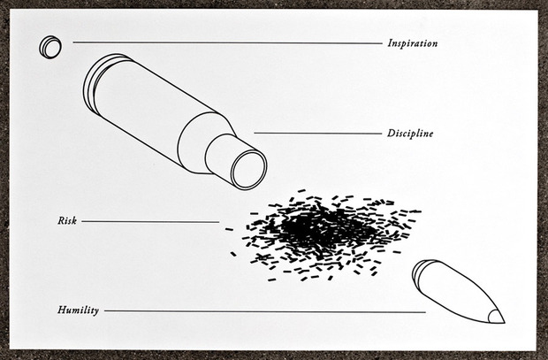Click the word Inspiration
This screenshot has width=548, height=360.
[x=413, y=43]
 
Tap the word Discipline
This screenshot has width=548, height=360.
[x=410, y=134]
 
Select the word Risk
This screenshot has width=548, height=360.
[x=67, y=221]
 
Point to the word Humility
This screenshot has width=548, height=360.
[x=78, y=310]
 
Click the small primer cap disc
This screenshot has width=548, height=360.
[x=50, y=47]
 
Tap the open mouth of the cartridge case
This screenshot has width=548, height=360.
[x=248, y=170]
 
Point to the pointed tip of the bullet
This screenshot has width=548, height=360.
[x=504, y=322]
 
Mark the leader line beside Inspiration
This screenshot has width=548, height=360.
[x=227, y=43]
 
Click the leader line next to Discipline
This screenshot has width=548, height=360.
[x=317, y=134]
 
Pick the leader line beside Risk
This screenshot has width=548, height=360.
[x=150, y=221]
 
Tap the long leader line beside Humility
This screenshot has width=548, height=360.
[x=265, y=311]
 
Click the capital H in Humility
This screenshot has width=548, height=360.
[x=63, y=310]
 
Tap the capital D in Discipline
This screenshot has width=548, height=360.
[x=392, y=133]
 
